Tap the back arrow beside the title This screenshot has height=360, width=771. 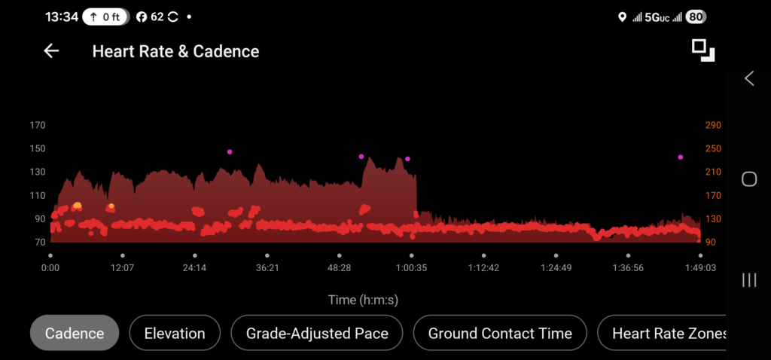coord(51,51)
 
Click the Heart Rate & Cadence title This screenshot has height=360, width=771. coord(175,51)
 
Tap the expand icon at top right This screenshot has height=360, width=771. coord(703,50)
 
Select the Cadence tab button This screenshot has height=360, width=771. coord(74,333)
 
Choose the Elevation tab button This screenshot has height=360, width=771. coord(175,333)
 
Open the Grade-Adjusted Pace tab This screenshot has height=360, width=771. coord(317,333)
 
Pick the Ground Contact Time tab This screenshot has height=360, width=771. coord(500,333)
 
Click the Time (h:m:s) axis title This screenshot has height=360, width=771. coord(363,300)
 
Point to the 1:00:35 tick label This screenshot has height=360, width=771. coord(411,267)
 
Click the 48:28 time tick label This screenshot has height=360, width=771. coord(339,267)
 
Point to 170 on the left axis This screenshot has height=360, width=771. coord(37,125)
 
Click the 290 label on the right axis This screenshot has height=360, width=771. coord(713,125)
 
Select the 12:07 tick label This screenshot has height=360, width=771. coord(122,267)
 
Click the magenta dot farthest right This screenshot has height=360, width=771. coord(680,157)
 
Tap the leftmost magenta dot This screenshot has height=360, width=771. coord(230,152)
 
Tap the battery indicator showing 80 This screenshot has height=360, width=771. coord(696,17)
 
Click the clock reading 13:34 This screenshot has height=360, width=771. coord(62,17)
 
